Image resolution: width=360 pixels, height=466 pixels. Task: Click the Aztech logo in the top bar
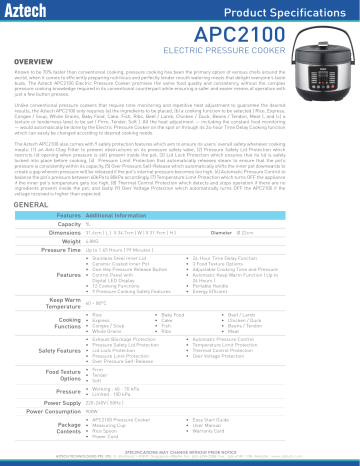pos(31,11)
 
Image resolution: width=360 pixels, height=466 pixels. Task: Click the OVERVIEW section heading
pos(29,59)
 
